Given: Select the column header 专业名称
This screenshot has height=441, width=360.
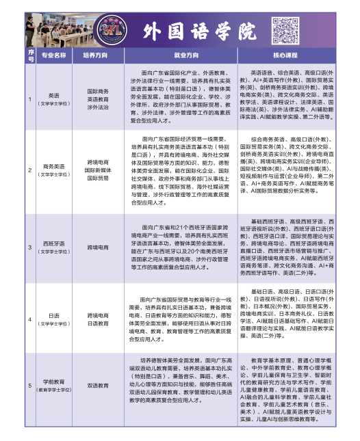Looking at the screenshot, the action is point(54,54).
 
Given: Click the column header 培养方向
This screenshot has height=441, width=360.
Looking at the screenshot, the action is point(98,54).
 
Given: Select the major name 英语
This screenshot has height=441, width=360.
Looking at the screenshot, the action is point(54,96).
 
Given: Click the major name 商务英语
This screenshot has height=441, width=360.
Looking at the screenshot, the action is point(54,166).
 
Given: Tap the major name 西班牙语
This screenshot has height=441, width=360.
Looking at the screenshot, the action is point(54,243).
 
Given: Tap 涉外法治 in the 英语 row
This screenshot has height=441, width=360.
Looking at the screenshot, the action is point(98,107).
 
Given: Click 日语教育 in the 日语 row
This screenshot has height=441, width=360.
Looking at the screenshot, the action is point(98,323).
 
